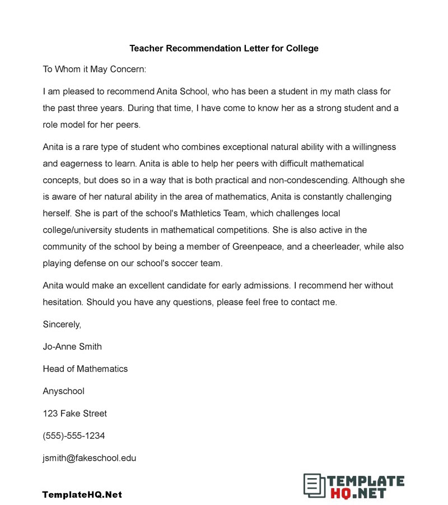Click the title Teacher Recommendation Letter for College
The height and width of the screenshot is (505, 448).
(x=224, y=48)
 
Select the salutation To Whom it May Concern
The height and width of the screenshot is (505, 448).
(x=94, y=70)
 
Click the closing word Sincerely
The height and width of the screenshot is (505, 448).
(x=62, y=325)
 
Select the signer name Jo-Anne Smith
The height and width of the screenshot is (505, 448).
(x=72, y=346)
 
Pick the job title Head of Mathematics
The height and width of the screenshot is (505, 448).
(x=85, y=369)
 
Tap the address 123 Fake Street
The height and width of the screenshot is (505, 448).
(x=74, y=414)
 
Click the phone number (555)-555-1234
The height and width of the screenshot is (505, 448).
(x=73, y=435)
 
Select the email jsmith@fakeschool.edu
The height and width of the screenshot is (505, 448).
(x=90, y=458)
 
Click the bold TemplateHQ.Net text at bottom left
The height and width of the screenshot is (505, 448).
(x=82, y=494)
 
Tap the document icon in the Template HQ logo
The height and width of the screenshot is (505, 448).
(x=314, y=485)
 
